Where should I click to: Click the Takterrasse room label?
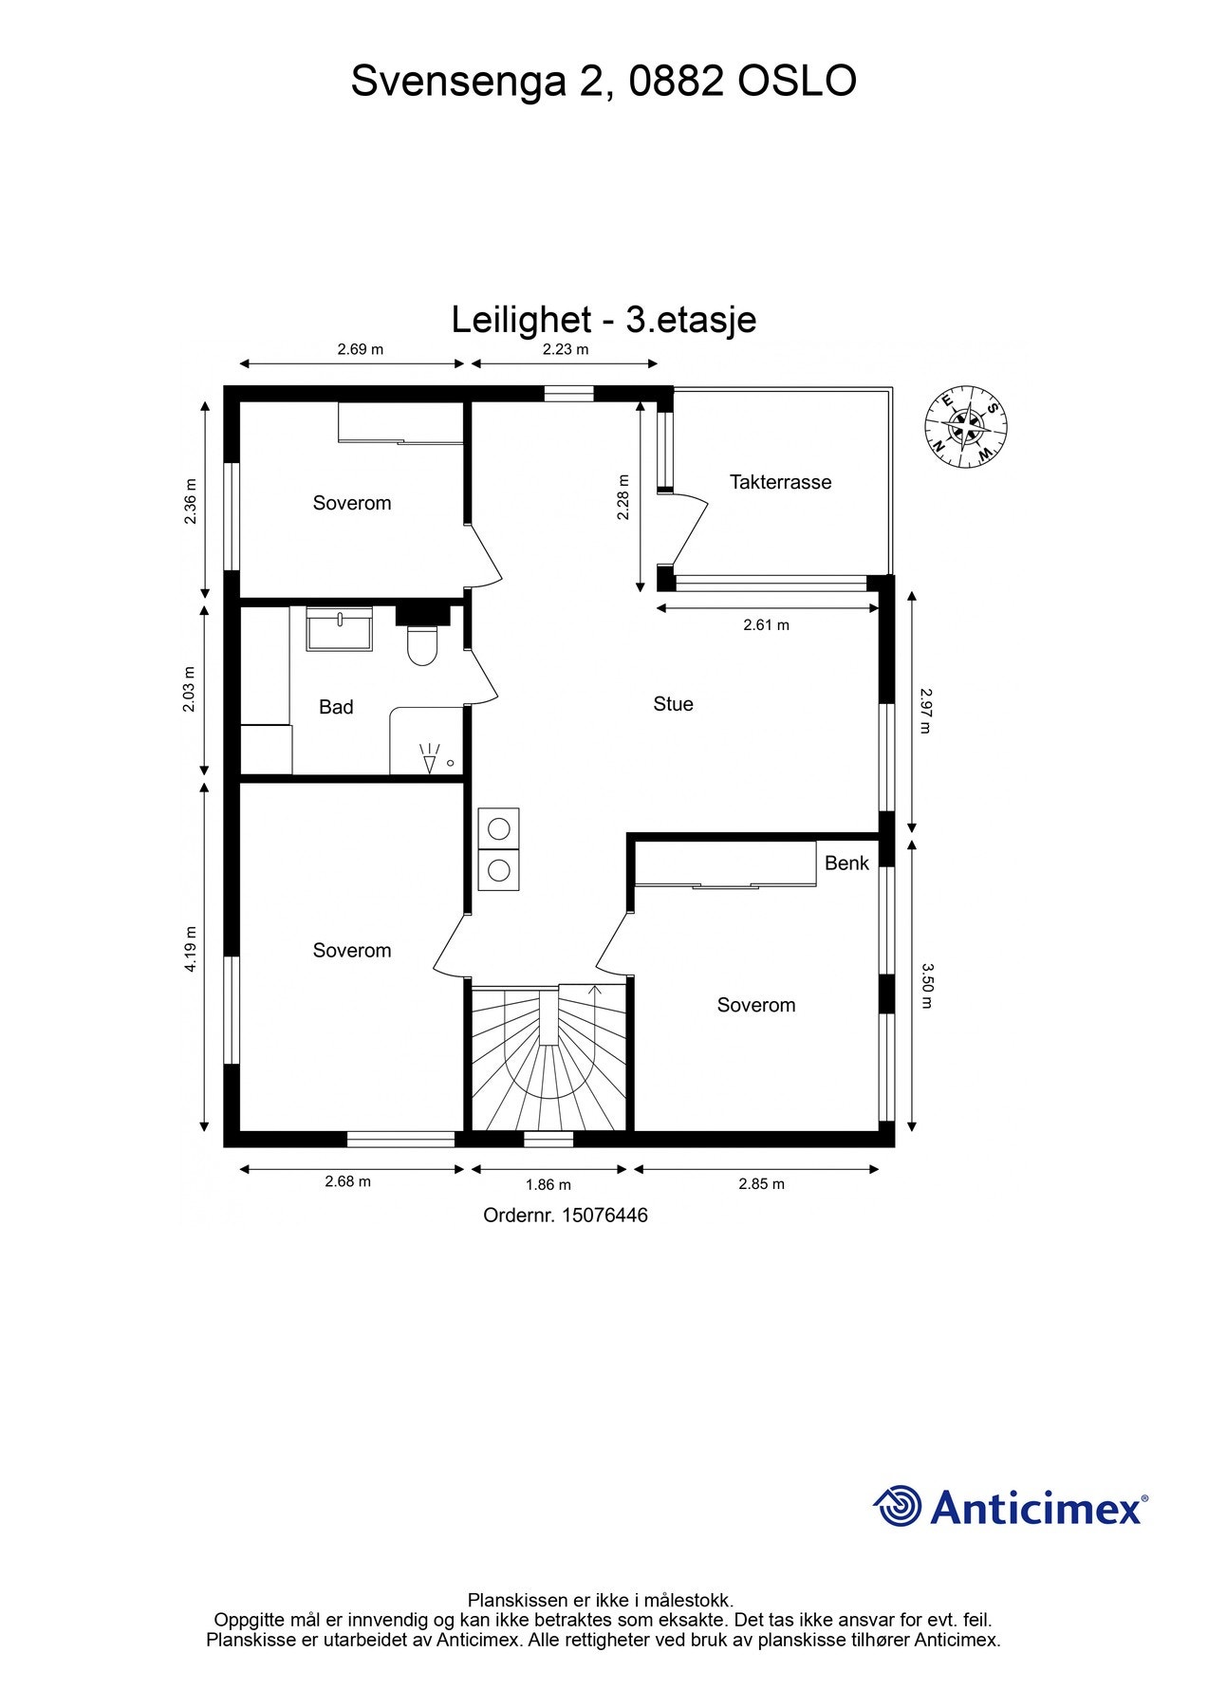point(780,482)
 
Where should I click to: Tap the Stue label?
point(673,704)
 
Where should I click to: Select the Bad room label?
point(336,707)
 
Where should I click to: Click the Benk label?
point(846,863)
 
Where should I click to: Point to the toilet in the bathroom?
point(421,646)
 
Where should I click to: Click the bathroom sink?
point(340,629)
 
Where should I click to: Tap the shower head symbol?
point(430,759)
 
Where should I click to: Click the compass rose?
point(966,427)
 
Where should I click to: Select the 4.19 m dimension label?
point(191,948)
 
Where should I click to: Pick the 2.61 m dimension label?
point(766,625)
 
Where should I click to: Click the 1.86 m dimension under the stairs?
point(548,1184)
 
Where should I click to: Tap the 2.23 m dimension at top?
point(566,349)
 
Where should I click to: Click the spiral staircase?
point(549,1058)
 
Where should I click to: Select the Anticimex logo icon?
point(898,1506)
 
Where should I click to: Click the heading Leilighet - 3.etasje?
point(604,320)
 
